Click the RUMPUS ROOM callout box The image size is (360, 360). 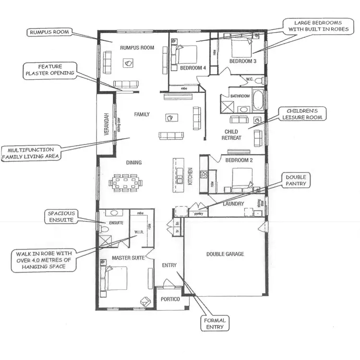pyautogui.click(x=49, y=33)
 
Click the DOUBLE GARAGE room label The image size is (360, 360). pyautogui.click(x=225, y=254)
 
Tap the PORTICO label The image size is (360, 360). pyautogui.click(x=170, y=299)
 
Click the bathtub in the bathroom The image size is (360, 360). pyautogui.click(x=257, y=100)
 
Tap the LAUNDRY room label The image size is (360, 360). pyautogui.click(x=234, y=204)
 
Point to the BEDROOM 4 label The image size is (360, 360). pyautogui.click(x=193, y=68)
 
